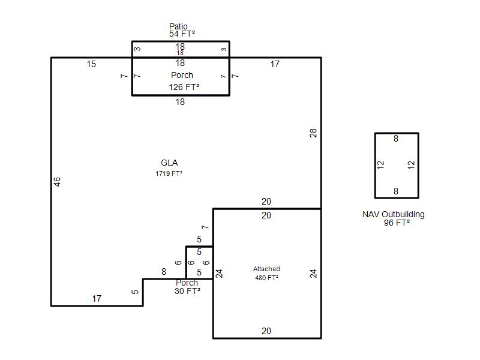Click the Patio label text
tap(178, 26)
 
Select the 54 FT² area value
tap(182, 34)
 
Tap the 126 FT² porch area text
tap(184, 87)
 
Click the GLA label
tap(169, 163)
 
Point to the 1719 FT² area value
tap(169, 173)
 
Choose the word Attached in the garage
tap(266, 269)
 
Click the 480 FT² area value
tap(266, 278)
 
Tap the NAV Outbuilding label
tap(394, 214)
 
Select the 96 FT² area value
tap(397, 223)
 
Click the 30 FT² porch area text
tap(187, 291)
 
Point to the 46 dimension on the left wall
tap(57, 182)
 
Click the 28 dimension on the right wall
tap(313, 133)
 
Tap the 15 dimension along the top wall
tap(91, 64)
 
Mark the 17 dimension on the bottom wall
tap(97, 298)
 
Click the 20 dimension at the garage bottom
tap(266, 331)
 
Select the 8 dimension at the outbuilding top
tap(396, 139)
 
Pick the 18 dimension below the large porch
tap(181, 102)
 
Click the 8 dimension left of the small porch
tap(164, 272)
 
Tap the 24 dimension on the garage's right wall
tap(313, 274)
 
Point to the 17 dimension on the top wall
tap(275, 64)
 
